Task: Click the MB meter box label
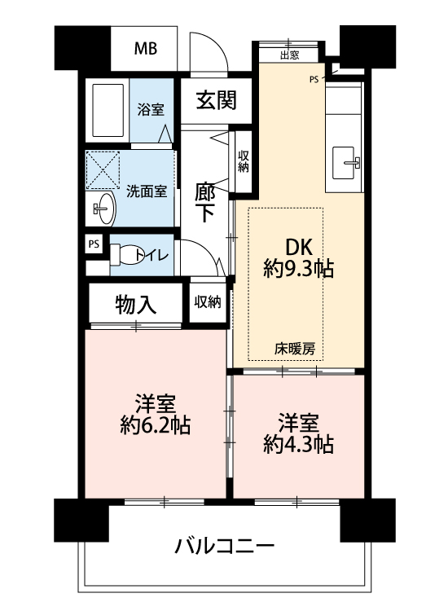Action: click(146, 48)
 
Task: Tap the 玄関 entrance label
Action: click(216, 100)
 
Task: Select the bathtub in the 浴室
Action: click(108, 110)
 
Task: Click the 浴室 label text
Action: click(151, 109)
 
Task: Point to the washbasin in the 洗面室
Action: click(104, 209)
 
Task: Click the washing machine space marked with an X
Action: click(103, 170)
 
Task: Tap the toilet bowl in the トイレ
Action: click(125, 255)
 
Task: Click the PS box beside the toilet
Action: click(94, 244)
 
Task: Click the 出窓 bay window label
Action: click(289, 55)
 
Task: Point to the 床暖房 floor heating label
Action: click(295, 349)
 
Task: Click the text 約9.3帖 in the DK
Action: click(298, 269)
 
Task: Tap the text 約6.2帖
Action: click(155, 425)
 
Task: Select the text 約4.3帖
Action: click(298, 444)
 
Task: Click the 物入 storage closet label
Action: click(135, 305)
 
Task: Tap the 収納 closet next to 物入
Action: click(208, 301)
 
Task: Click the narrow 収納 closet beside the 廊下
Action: click(244, 161)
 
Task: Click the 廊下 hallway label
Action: click(204, 203)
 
